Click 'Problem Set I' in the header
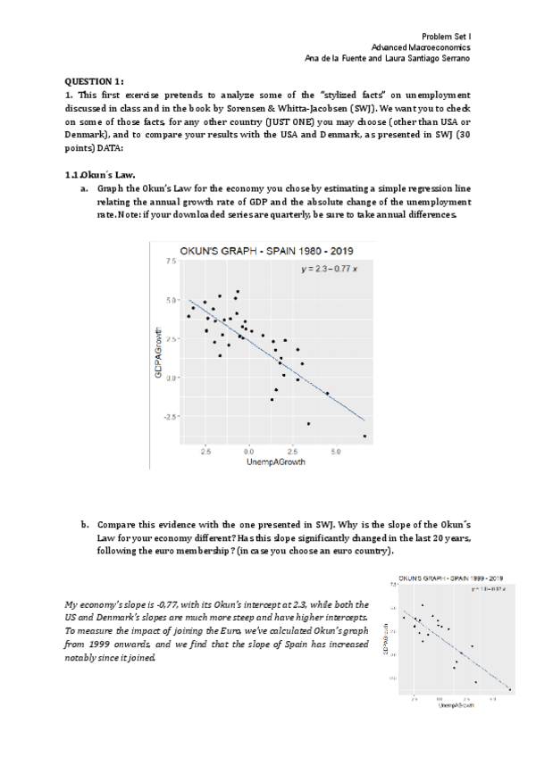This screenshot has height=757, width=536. (x=446, y=35)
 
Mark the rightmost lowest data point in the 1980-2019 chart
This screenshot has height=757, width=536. (x=364, y=436)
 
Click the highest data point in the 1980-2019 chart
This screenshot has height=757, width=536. (x=238, y=291)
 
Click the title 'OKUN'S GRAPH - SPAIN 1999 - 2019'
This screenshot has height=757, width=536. (x=451, y=578)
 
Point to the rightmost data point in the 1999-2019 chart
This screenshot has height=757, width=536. (x=510, y=688)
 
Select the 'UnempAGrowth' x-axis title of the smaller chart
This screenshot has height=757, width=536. (x=456, y=704)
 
